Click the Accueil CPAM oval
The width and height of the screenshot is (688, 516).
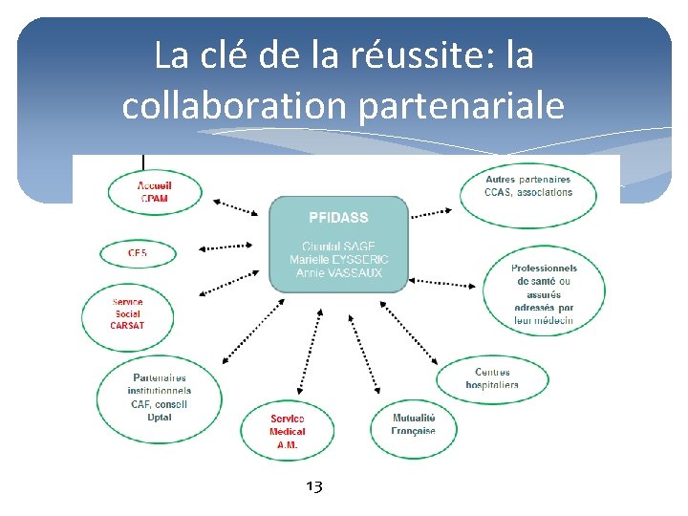point(155,191)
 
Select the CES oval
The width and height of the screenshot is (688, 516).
point(137,253)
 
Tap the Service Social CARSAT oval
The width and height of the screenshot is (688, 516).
point(127,314)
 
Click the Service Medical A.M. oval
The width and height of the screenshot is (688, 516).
point(288,431)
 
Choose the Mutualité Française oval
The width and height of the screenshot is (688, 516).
point(413,424)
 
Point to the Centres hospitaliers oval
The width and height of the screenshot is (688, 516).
point(493,378)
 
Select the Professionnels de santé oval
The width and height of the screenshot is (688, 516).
point(544,294)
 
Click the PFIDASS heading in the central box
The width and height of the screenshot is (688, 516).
point(338,218)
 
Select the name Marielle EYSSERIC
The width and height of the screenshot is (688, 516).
point(338,260)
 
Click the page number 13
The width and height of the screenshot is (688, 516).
point(314,487)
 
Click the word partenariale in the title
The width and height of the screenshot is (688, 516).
point(462,105)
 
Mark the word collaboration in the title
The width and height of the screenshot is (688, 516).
point(236,105)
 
